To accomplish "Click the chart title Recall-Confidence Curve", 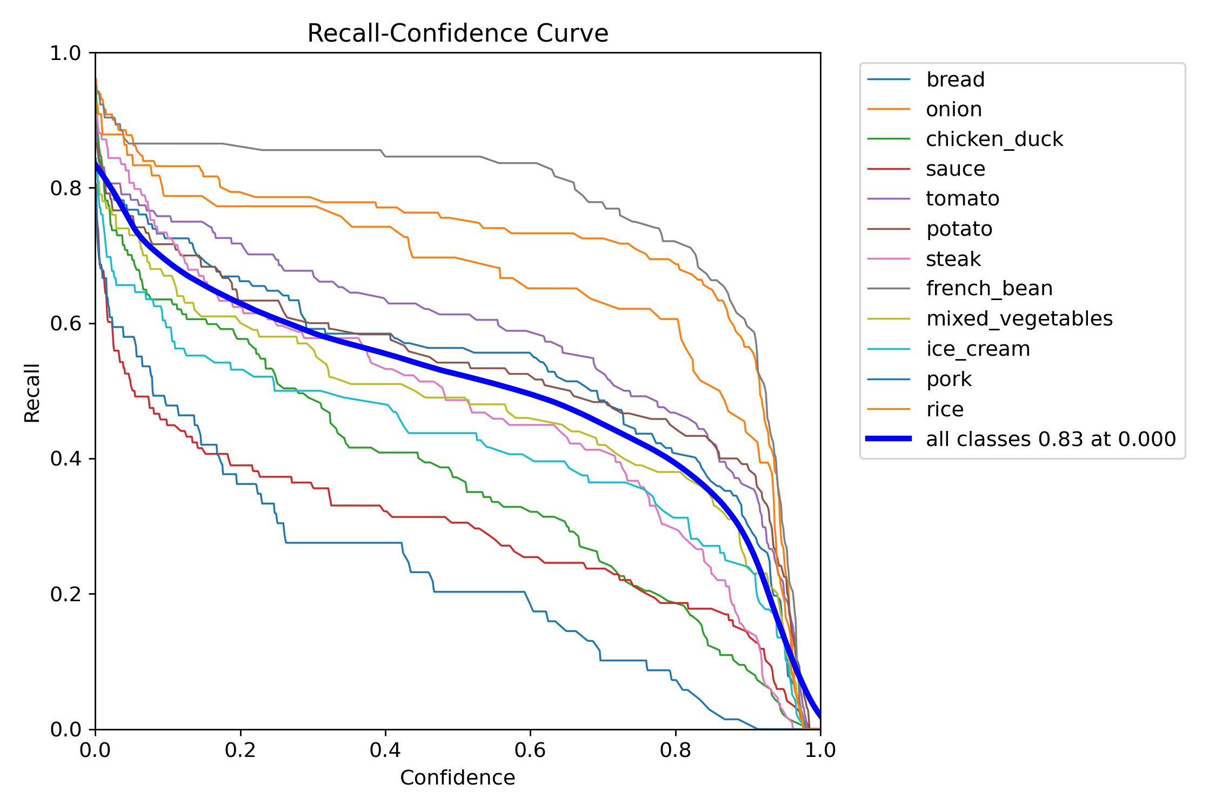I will click(457, 34).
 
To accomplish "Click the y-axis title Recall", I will click(32, 393).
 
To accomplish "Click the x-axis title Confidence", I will click(457, 777).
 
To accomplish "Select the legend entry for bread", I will click(955, 79).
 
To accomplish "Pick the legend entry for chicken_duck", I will click(994, 139).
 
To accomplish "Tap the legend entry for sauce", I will click(955, 169).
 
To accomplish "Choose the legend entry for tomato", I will click(962, 198).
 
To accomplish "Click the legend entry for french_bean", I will click(989, 288).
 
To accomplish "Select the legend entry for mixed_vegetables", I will click(1019, 318).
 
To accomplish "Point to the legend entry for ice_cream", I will click(978, 349).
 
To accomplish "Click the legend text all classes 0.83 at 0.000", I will click(1051, 439).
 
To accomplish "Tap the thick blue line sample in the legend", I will click(888, 438).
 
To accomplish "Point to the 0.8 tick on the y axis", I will click(65, 188).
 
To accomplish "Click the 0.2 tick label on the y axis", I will click(65, 594).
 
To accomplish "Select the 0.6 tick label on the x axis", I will click(530, 750).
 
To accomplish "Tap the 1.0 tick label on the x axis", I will click(820, 750).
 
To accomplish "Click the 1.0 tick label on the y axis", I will click(65, 53).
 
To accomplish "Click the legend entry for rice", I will click(944, 409).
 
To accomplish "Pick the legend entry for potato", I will click(959, 229).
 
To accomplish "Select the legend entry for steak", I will click(953, 259).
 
